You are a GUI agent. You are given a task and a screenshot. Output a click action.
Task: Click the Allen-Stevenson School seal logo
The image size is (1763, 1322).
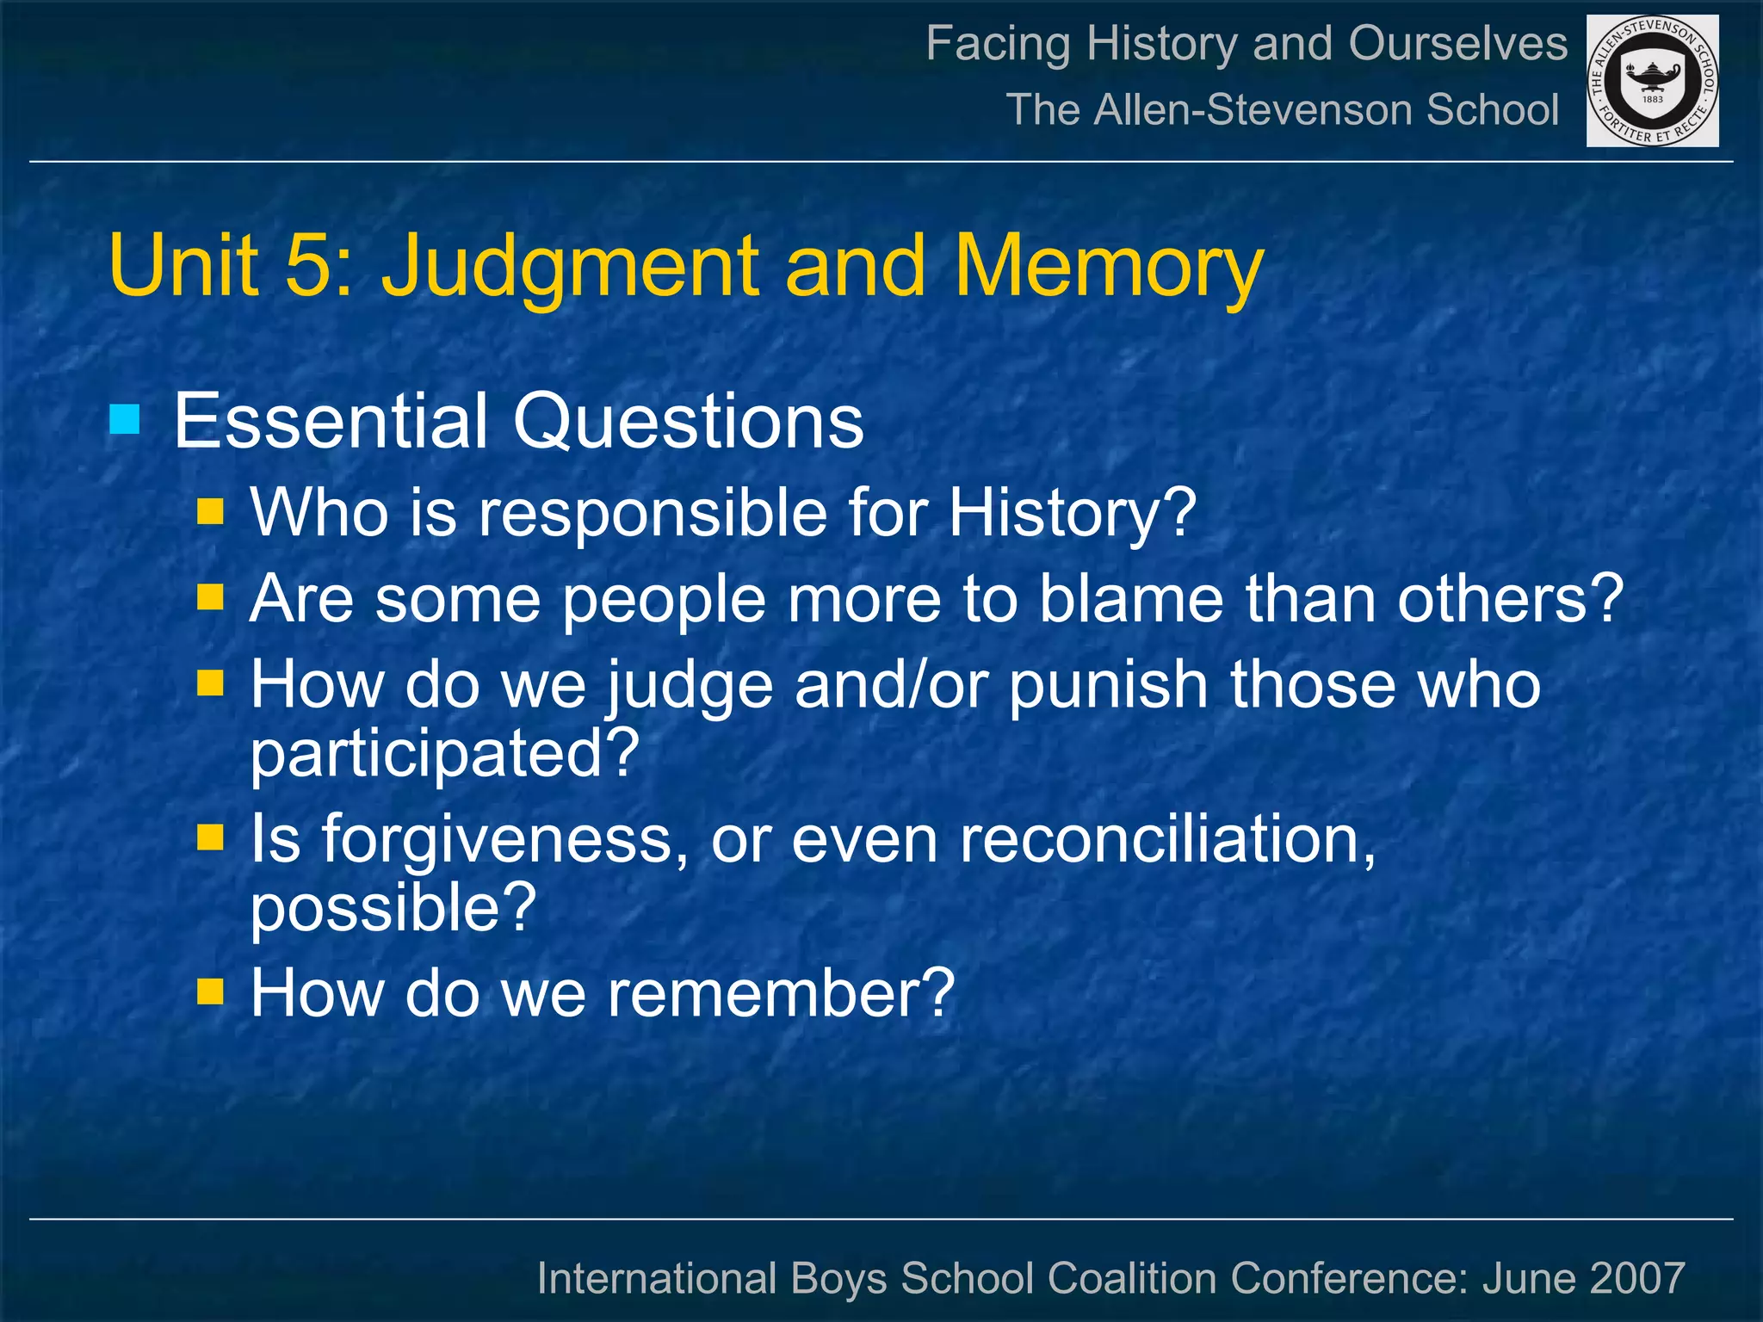1652,80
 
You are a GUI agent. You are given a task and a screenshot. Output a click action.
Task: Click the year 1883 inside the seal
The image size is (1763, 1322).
1653,99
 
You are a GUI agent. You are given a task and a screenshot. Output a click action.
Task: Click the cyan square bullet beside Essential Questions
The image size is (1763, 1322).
125,420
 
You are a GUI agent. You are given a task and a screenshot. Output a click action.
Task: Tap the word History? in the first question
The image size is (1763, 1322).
1072,513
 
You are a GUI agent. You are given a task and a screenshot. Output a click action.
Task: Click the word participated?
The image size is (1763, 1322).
444,753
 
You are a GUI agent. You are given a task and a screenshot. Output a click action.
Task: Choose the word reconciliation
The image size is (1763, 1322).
1166,839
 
